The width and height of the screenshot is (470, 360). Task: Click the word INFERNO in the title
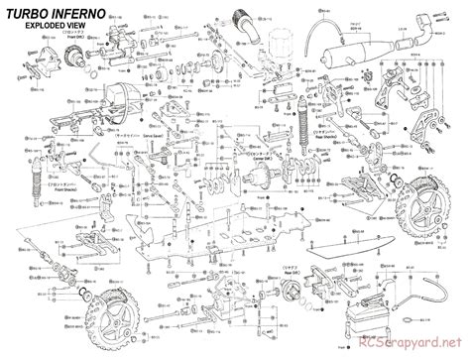click(x=76, y=13)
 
